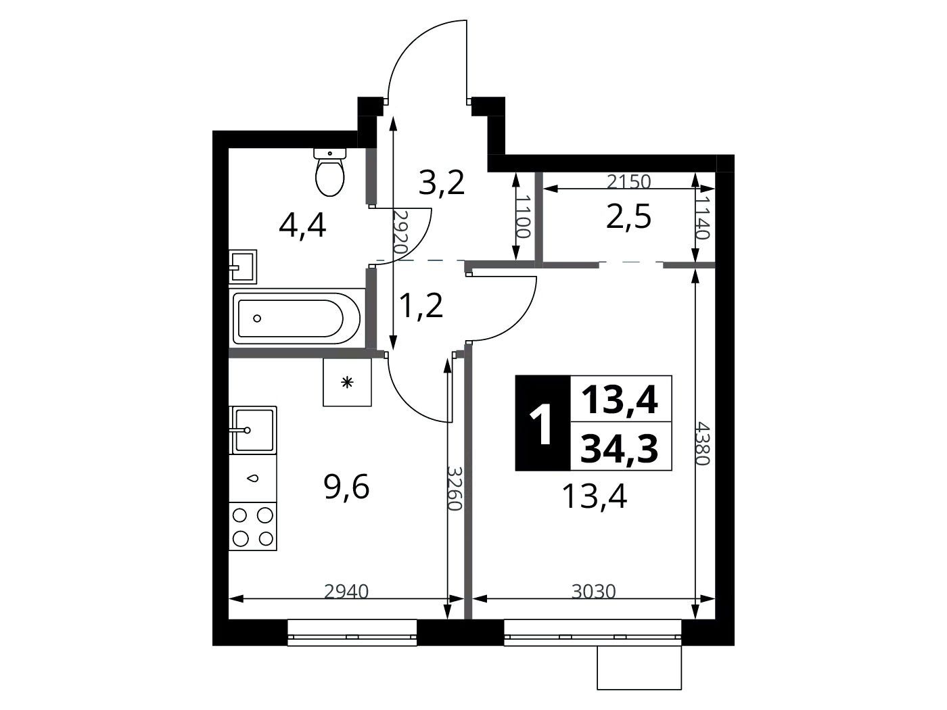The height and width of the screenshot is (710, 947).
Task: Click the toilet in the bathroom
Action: tap(330, 172)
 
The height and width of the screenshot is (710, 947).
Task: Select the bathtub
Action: tap(296, 318)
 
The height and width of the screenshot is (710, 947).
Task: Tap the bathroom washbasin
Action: tap(242, 266)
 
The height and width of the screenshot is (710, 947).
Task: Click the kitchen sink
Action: tap(253, 430)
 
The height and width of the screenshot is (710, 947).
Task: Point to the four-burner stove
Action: tap(253, 526)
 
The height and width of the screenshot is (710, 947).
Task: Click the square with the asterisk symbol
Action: tap(347, 382)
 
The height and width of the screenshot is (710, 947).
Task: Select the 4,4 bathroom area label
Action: tap(302, 227)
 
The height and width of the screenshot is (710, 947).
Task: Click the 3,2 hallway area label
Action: tap(441, 183)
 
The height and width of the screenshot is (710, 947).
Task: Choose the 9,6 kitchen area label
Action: tap(347, 488)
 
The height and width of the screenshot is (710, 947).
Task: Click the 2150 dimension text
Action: tap(628, 182)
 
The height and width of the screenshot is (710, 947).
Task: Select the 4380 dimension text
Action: tap(703, 444)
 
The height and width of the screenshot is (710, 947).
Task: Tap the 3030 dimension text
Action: tap(594, 592)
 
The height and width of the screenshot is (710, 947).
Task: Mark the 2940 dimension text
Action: tap(346, 592)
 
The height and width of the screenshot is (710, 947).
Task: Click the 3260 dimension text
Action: tap(455, 488)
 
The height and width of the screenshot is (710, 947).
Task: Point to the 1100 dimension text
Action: tap(522, 216)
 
